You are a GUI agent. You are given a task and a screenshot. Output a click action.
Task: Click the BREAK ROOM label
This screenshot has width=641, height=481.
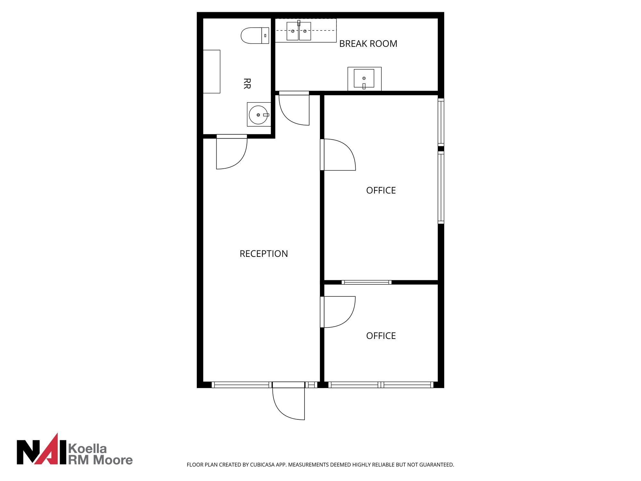pyautogui.click(x=368, y=44)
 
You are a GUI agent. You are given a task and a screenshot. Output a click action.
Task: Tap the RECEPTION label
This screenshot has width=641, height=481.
pyautogui.click(x=264, y=254)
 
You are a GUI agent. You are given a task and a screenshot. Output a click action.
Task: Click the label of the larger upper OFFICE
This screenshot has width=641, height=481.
pyautogui.click(x=381, y=190)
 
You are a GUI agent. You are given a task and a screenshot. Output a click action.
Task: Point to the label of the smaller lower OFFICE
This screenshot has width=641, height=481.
pyautogui.click(x=381, y=336)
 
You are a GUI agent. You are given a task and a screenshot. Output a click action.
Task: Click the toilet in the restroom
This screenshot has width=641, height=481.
pyautogui.click(x=255, y=36)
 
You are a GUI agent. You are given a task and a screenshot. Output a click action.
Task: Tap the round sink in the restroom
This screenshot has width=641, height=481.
pyautogui.click(x=259, y=114)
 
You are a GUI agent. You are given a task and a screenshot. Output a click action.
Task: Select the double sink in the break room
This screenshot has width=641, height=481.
pyautogui.click(x=299, y=31)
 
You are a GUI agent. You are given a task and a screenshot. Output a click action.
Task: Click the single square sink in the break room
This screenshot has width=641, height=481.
pyautogui.click(x=364, y=79)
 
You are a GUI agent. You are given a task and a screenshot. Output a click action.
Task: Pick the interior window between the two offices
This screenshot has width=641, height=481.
pyautogui.click(x=366, y=283)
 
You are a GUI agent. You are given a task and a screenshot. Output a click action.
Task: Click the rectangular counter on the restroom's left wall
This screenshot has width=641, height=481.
pyautogui.click(x=212, y=72)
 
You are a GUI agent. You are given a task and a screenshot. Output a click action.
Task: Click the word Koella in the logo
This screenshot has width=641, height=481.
pyautogui.click(x=88, y=449)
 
